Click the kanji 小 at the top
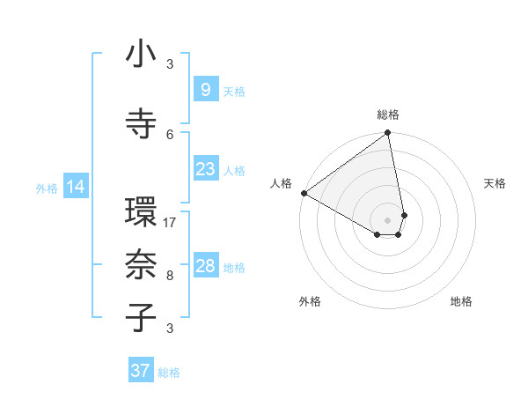141,55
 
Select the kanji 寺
141,121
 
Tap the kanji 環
141,214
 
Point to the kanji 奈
141,265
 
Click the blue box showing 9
205,89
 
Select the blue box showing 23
205,169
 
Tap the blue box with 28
205,266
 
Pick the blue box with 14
76,187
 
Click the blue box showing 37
141,371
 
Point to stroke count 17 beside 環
171,223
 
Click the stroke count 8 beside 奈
170,275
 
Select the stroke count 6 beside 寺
170,134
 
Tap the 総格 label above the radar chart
388,115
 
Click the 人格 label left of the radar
282,183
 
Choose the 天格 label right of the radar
495,183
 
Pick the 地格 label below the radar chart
461,301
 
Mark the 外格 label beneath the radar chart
310,301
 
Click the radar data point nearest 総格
388,134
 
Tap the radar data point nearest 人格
304,193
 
